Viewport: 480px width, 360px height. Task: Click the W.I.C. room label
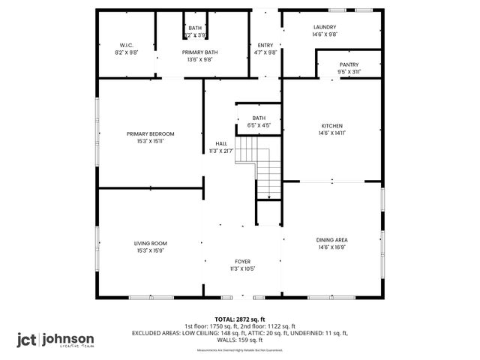(126, 44)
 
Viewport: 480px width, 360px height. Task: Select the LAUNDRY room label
(325, 27)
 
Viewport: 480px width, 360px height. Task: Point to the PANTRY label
(349, 64)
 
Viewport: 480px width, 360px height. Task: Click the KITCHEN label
(332, 125)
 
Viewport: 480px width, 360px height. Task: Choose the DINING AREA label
(332, 239)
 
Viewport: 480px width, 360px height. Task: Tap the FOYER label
(242, 261)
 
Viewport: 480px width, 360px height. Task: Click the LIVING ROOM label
(150, 243)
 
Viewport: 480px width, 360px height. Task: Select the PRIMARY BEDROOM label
(150, 133)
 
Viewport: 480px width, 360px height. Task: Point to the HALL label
(221, 143)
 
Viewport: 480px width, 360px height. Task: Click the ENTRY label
(265, 45)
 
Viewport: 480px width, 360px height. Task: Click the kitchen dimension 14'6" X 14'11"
(332, 133)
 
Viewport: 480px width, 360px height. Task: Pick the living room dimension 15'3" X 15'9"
(150, 250)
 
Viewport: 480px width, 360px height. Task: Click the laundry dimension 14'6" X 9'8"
(325, 34)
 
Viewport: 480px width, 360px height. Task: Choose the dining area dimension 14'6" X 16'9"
(332, 247)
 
